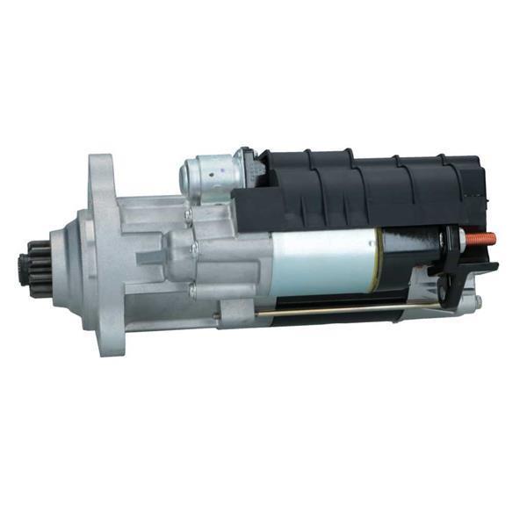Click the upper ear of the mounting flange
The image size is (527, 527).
pyautogui.click(x=100, y=170)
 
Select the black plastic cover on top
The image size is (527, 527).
pyautogui.click(x=369, y=189)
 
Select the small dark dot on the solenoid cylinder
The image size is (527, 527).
pyautogui.click(x=235, y=162)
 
